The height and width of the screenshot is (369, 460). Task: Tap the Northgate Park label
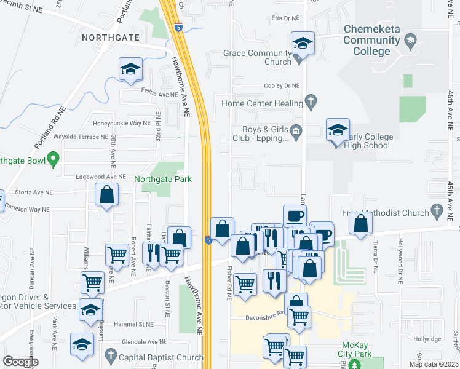(163, 179)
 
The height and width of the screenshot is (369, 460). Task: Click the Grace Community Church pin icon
(299, 59)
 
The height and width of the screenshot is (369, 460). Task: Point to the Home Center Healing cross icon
(311, 103)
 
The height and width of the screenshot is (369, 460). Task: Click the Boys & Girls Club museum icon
(296, 130)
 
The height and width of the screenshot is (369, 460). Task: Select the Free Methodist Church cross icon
(437, 213)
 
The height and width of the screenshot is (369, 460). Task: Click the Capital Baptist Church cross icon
(111, 356)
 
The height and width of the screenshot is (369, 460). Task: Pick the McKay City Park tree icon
(353, 364)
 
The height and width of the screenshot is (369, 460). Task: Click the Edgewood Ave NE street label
(101, 176)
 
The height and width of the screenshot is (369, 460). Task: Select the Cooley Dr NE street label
(282, 85)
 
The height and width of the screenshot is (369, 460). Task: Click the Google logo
(20, 362)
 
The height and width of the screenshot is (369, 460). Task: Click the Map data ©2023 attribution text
(434, 364)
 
